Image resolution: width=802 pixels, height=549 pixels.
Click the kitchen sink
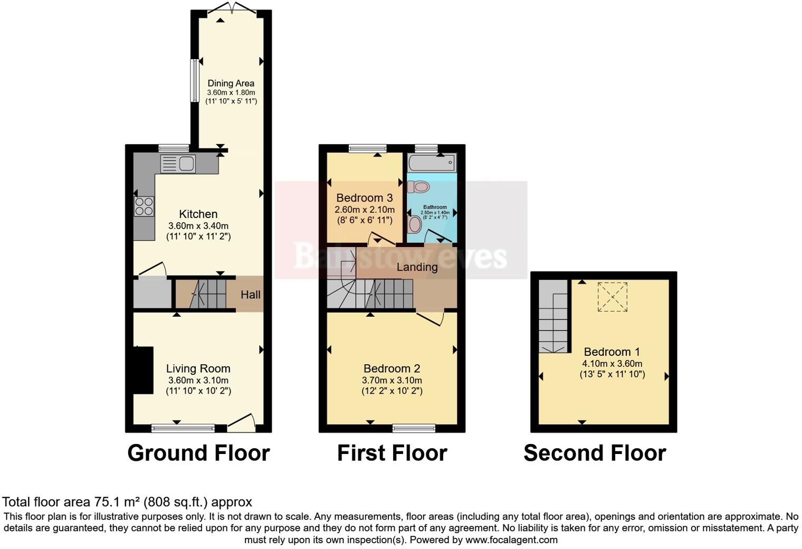tap(178, 164)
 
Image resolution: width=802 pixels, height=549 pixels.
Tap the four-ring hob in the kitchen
tap(144, 206)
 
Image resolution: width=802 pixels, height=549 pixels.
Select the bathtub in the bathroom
tap(433, 163)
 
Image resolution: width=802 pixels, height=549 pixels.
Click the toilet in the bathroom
tap(418, 186)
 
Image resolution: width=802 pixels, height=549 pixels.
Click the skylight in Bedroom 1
tap(612, 297)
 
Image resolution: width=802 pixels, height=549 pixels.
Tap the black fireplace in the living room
tap(143, 370)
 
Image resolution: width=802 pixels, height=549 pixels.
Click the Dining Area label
tap(231, 83)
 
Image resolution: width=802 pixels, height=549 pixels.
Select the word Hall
tap(250, 295)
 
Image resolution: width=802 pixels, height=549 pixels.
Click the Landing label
tap(417, 267)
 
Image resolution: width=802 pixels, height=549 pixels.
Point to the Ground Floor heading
tap(199, 453)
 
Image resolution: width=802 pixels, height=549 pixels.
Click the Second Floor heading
tap(595, 453)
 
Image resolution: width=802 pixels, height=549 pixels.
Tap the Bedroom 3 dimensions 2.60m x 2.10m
tap(365, 210)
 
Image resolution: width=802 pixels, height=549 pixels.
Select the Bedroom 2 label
tap(392, 368)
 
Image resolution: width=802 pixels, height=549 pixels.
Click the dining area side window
tap(194, 80)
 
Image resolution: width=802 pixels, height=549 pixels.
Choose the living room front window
tap(183, 428)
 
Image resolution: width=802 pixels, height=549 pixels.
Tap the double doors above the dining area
tap(232, 8)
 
